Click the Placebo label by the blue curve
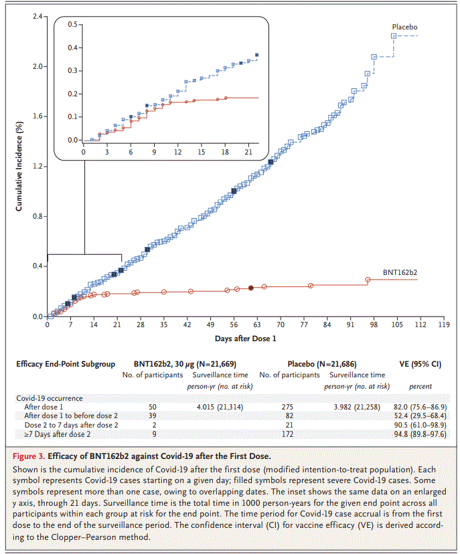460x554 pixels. tap(404, 27)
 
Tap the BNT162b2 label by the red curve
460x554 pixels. tap(400, 272)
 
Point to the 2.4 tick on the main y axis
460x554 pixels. tap(37, 16)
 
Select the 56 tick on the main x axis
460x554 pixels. tap(234, 325)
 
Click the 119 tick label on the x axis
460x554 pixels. tap(444, 325)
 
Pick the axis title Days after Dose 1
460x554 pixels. tap(245, 339)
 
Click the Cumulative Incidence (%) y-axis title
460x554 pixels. tap(19, 167)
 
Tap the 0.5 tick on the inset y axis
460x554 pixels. tap(72, 24)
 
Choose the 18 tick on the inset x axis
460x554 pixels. tap(225, 152)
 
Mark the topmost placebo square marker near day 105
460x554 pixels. tap(394, 36)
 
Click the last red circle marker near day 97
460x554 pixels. tap(368, 280)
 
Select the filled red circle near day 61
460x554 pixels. tap(251, 288)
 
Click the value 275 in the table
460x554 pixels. tap(287, 407)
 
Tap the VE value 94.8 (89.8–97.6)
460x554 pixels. tap(420, 434)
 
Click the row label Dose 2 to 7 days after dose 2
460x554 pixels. tap(71, 425)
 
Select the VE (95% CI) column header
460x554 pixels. tap(420, 364)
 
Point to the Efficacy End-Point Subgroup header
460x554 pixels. tap(66, 364)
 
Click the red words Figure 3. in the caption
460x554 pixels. tap(29, 456)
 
